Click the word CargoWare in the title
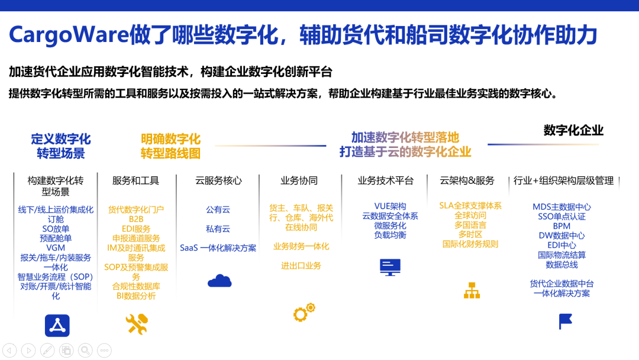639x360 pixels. click(69, 35)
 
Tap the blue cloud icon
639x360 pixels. click(220, 281)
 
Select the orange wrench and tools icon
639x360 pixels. click(137, 324)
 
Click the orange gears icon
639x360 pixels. click(304, 312)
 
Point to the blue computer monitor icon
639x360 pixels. click(390, 268)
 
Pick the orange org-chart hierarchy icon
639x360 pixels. click(472, 290)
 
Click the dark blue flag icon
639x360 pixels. click(565, 322)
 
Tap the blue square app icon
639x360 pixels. click(57, 325)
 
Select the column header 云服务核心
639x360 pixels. click(218, 181)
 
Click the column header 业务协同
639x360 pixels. click(299, 181)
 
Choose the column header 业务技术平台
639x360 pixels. click(386, 181)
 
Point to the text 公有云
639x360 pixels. click(218, 210)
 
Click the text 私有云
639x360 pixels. click(218, 229)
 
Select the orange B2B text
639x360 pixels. click(136, 219)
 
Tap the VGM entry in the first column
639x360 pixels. click(56, 248)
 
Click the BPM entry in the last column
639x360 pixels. click(561, 226)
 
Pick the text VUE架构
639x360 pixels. click(390, 206)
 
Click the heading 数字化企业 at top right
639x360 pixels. click(573, 130)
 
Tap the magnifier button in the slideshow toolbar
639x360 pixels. click(86, 350)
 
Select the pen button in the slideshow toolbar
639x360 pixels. click(47, 350)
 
